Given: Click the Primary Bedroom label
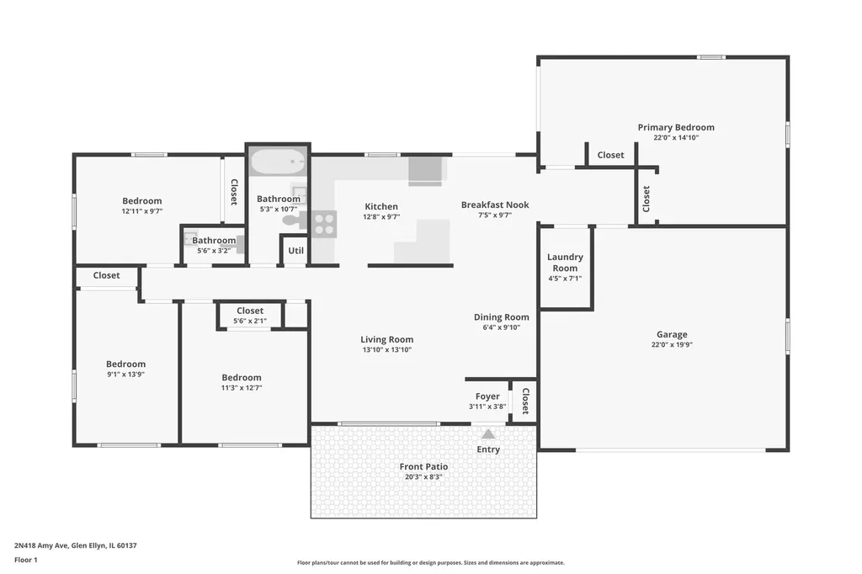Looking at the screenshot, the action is (x=676, y=127).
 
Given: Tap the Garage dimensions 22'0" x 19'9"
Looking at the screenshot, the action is (x=672, y=345).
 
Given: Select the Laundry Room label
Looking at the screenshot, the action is (x=565, y=263).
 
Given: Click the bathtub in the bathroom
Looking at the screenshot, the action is (x=278, y=161).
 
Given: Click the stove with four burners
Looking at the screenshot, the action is (x=324, y=224).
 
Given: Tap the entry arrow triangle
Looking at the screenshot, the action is (x=488, y=434).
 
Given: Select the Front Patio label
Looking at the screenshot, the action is (x=423, y=466).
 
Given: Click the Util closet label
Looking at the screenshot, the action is (x=295, y=250).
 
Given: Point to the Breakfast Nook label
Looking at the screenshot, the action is (x=495, y=205).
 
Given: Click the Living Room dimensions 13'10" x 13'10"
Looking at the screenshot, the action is (x=387, y=349).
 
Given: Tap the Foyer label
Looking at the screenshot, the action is (x=487, y=396).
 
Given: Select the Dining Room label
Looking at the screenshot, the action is (x=502, y=316).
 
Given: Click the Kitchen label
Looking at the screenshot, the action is (x=381, y=207).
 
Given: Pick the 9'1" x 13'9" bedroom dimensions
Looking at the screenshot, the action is (x=126, y=375).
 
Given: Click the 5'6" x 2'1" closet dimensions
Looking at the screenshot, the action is (x=250, y=322).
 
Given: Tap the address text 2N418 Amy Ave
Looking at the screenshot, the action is (x=41, y=545).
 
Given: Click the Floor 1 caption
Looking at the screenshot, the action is (x=26, y=560).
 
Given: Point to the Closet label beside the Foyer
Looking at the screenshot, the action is (x=525, y=401).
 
